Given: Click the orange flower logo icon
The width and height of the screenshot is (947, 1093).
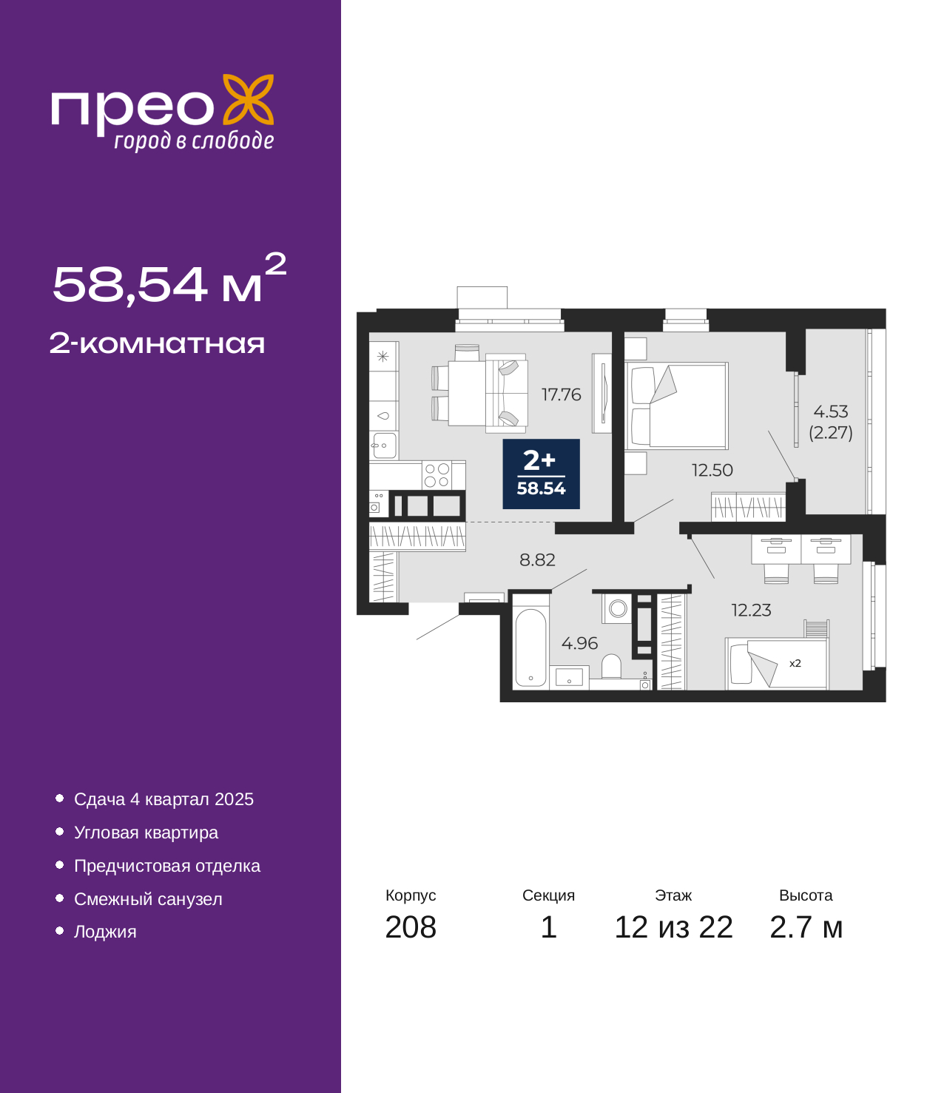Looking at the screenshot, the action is pyautogui.click(x=248, y=99).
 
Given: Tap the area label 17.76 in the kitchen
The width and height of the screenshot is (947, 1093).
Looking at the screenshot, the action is pyautogui.click(x=561, y=394).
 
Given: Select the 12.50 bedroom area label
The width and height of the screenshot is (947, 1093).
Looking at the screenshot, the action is pyautogui.click(x=712, y=470).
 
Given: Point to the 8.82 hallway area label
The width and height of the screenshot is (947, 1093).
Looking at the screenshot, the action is pyautogui.click(x=537, y=559).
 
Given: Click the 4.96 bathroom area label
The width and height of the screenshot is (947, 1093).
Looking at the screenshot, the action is pyautogui.click(x=579, y=643).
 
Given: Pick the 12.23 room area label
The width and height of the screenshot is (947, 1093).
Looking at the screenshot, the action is pyautogui.click(x=751, y=611).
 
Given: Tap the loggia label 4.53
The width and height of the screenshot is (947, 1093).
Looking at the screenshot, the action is pyautogui.click(x=830, y=411).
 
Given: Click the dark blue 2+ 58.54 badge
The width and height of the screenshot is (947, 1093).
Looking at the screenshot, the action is pyautogui.click(x=541, y=474).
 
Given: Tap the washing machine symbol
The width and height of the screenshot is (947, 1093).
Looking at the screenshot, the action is pyautogui.click(x=617, y=608).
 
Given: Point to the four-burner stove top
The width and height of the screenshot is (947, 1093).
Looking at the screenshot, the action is pyautogui.click(x=437, y=475).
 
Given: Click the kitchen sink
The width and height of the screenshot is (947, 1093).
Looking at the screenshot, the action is pyautogui.click(x=384, y=445).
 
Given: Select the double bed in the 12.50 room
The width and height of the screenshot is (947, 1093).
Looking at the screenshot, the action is pyautogui.click(x=676, y=406).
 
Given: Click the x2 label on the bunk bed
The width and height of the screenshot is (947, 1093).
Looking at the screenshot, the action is pyautogui.click(x=795, y=663).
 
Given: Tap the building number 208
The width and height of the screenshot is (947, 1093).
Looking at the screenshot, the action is pyautogui.click(x=411, y=927).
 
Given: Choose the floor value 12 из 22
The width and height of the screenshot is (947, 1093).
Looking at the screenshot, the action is pyautogui.click(x=673, y=927).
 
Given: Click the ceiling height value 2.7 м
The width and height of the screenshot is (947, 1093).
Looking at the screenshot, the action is pyautogui.click(x=805, y=927).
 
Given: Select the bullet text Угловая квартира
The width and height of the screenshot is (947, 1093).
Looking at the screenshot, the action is pyautogui.click(x=146, y=833).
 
